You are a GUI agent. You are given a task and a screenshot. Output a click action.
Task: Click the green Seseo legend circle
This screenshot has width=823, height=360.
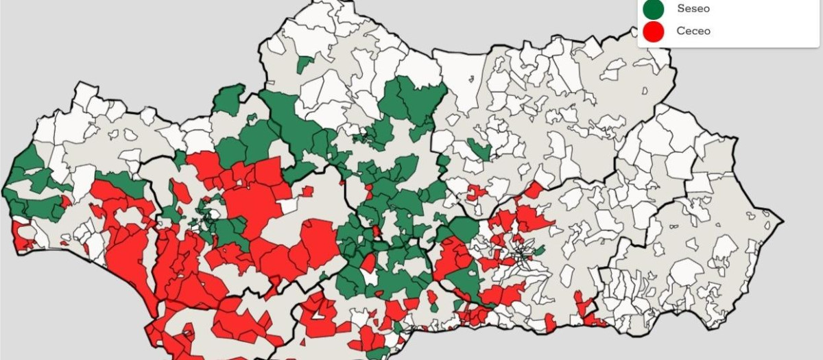[x=654, y=9]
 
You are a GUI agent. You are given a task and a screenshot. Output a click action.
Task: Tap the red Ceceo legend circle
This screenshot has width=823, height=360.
[x=654, y=31]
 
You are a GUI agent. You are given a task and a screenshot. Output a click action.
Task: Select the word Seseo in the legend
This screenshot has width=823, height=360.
[x=693, y=9]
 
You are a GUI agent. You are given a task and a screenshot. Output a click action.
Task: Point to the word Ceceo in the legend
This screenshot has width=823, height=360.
[x=693, y=31]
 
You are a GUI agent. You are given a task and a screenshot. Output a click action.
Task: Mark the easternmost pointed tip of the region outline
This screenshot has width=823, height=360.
[x=782, y=221]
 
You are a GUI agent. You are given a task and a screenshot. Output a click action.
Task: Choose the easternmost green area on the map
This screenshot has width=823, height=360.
[x=539, y=250]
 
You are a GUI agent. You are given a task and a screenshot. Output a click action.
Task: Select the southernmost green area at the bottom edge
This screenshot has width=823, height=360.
[x=376, y=354]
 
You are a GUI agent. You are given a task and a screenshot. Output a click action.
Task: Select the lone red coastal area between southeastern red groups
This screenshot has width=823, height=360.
[x=550, y=321]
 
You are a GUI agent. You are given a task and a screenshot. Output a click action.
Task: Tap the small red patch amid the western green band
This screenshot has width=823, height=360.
[x=66, y=202]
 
